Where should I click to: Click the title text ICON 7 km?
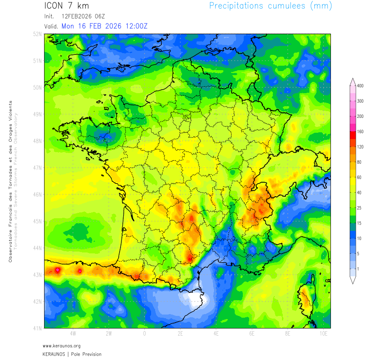pos(67,6)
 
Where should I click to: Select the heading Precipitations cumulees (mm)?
pos(270,6)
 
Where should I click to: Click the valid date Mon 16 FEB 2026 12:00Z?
pos(104,26)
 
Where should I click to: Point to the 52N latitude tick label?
pos(38,34)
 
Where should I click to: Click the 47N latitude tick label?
pos(38,167)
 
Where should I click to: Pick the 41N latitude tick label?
pos(38,328)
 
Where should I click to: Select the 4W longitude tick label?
pos(73,334)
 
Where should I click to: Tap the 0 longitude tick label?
pos(144,334)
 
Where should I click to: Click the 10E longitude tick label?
pos(323,334)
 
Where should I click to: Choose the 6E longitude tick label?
pos(252,334)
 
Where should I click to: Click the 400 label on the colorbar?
pos(360,85)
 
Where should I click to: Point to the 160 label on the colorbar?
pos(360,131)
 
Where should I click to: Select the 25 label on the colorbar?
pos(360,208)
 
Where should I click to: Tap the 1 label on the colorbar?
pos(358,269)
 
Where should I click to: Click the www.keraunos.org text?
pos(62,346)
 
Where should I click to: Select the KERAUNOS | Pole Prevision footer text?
pos(72,354)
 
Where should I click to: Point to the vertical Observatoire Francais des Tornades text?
pos(10,180)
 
